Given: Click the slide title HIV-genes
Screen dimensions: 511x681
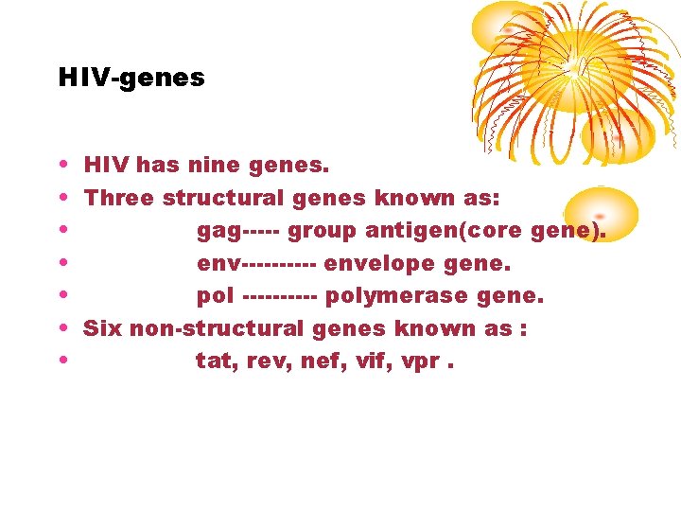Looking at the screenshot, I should [x=131, y=78].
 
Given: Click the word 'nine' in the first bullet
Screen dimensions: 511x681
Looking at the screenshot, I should [x=214, y=167].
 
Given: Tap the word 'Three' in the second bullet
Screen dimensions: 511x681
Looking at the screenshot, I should [x=119, y=199].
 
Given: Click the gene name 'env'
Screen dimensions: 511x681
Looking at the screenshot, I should [x=218, y=264].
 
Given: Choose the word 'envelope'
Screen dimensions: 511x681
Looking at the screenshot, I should [x=371, y=264].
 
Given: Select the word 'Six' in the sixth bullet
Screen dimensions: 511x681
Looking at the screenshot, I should [x=103, y=328].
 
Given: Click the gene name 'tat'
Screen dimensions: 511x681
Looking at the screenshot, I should [x=215, y=361].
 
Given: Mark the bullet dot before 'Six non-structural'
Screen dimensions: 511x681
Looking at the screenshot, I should [x=62, y=329].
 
